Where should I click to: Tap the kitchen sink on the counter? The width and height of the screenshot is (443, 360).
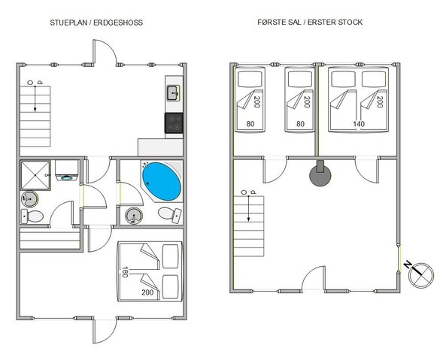click(172, 93)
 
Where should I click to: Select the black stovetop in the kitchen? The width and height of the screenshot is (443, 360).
click(173, 122)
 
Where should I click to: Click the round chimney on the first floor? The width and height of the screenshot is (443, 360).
click(320, 176)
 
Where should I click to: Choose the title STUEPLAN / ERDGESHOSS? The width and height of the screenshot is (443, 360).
click(96, 23)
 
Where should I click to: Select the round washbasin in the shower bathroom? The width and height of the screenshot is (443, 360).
click(29, 199)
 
